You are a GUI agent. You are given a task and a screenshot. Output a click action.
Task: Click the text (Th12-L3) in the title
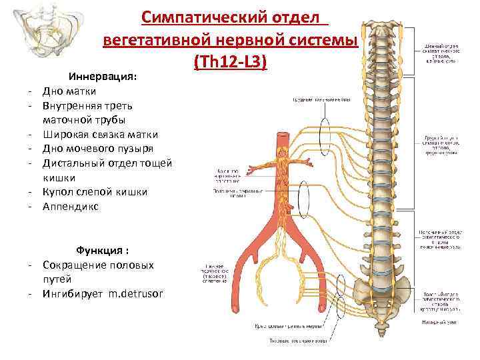click(230, 61)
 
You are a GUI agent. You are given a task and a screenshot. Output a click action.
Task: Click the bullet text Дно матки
click(69, 91)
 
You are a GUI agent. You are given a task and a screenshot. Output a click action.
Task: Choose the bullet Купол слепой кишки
click(95, 192)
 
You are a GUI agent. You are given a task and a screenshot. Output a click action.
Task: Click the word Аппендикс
click(70, 207)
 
